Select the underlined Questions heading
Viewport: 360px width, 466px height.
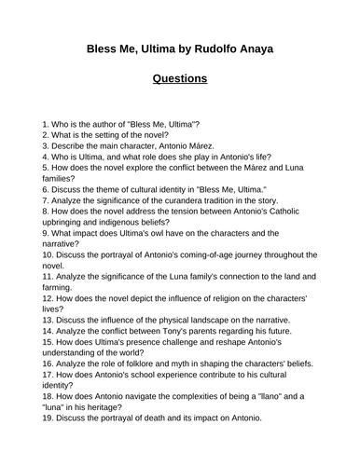pos(180,79)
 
